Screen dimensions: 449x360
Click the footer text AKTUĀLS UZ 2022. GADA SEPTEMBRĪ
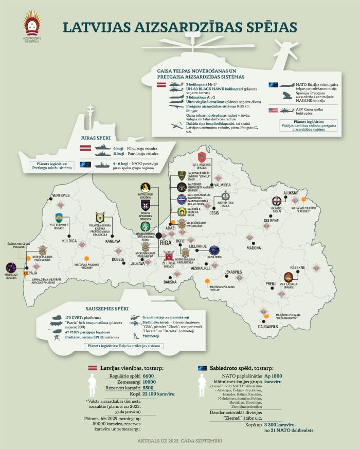(x=180, y=441)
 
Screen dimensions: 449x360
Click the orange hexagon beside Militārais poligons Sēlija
(x=207, y=281)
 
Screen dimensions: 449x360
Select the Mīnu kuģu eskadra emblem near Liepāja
(x=11, y=267)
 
